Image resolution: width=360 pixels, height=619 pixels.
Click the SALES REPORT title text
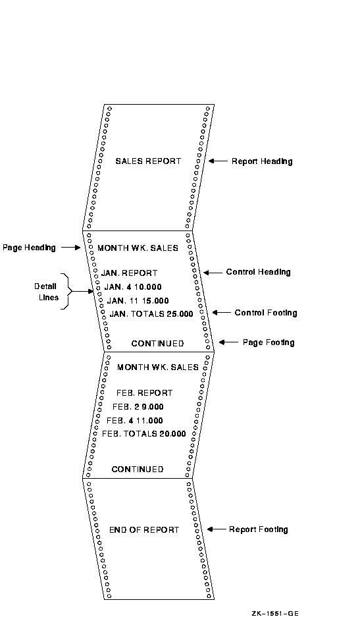(x=148, y=161)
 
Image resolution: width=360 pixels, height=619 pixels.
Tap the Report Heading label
(x=262, y=161)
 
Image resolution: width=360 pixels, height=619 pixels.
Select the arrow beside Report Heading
(x=219, y=161)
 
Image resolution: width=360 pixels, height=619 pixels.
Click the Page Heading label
(x=29, y=248)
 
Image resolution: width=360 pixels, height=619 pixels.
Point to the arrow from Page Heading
(x=71, y=248)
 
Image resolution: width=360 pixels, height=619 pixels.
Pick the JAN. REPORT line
(x=129, y=273)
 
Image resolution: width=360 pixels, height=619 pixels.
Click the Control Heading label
(x=258, y=272)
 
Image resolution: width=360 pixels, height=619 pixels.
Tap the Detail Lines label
(x=45, y=292)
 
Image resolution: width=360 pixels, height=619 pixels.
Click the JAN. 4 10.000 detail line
(x=133, y=287)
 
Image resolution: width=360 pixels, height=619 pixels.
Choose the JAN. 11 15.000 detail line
(x=138, y=301)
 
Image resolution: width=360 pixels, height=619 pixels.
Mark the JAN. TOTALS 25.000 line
(x=151, y=314)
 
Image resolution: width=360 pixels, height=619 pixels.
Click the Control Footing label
(x=266, y=313)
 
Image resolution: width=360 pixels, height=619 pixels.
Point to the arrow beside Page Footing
(x=228, y=342)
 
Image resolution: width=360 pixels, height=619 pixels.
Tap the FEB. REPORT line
(x=145, y=393)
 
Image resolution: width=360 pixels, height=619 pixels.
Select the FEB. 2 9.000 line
(x=138, y=407)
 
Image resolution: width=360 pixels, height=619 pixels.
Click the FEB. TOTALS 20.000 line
(x=144, y=434)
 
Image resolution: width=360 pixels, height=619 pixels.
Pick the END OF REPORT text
(x=144, y=530)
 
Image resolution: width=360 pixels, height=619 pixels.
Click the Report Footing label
(x=259, y=530)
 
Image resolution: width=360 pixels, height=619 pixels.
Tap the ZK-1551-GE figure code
(x=275, y=614)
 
